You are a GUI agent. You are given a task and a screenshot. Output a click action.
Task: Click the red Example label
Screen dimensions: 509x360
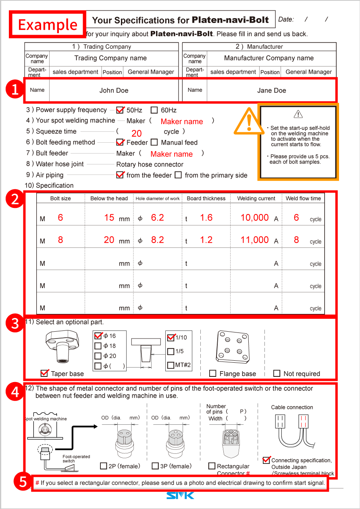48,25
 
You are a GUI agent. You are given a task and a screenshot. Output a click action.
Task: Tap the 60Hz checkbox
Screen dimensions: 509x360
154,110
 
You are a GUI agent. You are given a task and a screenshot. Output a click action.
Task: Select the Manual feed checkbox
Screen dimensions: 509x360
154,142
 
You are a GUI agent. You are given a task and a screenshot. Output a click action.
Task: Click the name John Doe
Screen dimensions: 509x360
114,90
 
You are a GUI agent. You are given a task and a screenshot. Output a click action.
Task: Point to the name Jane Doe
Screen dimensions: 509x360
271,90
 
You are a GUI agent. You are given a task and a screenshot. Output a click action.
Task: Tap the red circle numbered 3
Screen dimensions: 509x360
15,324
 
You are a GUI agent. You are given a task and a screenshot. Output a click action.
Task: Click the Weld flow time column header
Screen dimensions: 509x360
303,198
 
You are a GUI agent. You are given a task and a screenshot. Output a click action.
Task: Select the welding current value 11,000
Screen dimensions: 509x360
254,240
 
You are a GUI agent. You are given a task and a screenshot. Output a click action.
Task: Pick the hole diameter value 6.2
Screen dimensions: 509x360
157,218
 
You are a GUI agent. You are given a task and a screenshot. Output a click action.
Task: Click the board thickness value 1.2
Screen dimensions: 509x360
206,240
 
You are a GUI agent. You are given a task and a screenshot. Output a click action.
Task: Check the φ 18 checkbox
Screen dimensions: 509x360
98,346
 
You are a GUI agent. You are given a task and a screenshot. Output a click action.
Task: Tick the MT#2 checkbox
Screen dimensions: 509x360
171,365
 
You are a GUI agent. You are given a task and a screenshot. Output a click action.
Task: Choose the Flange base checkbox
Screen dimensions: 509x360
213,374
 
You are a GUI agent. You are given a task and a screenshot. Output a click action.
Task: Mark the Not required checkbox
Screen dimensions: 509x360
277,374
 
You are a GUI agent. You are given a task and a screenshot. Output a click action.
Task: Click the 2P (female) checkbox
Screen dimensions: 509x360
104,466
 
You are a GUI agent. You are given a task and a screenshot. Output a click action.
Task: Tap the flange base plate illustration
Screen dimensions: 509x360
231,346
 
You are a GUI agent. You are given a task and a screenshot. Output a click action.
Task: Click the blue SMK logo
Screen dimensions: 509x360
180,495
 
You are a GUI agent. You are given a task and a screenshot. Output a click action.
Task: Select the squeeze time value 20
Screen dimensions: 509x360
137,133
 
